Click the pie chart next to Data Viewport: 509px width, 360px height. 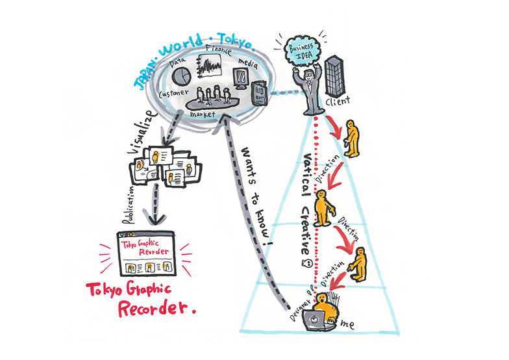(183, 74)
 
